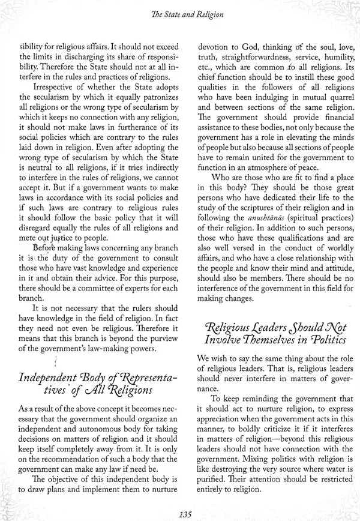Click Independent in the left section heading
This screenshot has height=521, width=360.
point(47,379)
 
